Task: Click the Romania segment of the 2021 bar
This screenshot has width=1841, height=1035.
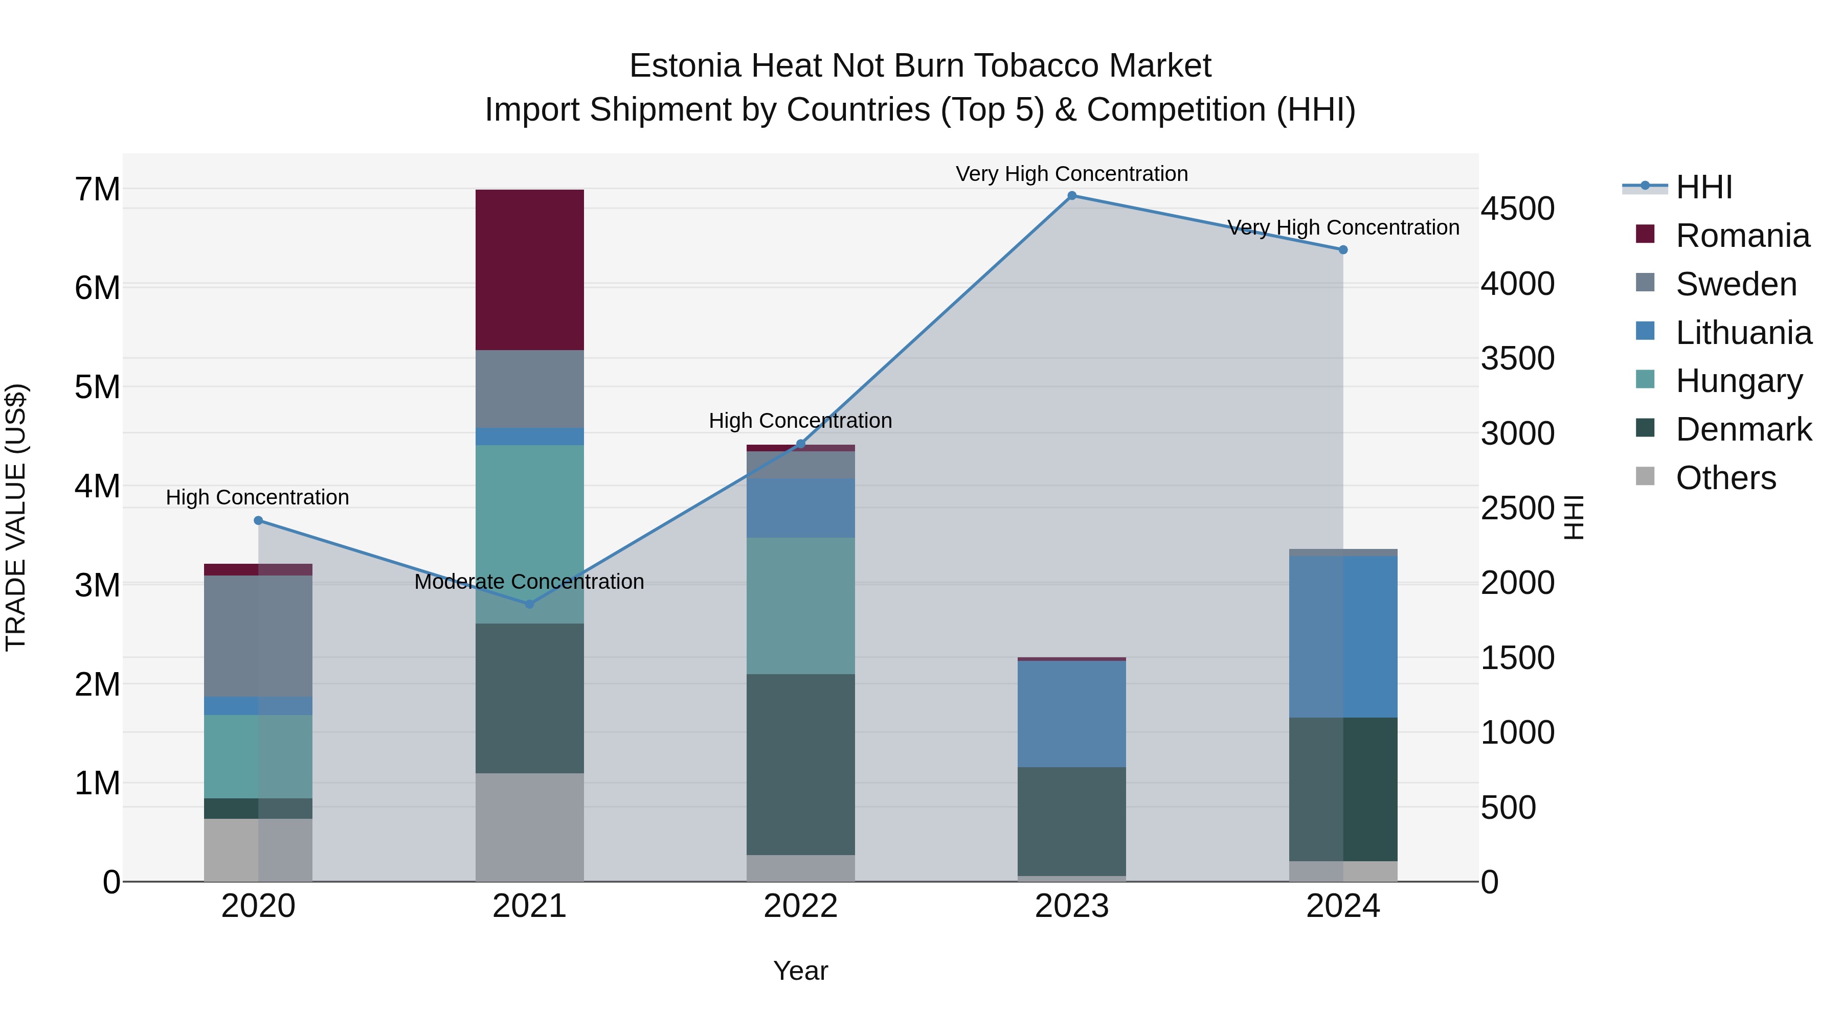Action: [x=530, y=269]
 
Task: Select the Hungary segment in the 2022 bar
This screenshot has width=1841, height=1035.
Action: [x=800, y=605]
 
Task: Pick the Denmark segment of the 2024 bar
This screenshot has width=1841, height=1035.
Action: [x=1343, y=789]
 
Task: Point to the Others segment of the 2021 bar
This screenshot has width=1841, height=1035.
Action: [x=530, y=826]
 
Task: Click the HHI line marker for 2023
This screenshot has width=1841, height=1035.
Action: [x=1071, y=196]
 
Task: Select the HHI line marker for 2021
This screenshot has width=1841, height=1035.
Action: [x=530, y=604]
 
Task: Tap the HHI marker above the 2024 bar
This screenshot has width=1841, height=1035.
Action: [x=1343, y=250]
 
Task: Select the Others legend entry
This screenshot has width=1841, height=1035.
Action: [x=1725, y=478]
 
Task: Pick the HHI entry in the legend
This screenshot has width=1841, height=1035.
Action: [x=1704, y=187]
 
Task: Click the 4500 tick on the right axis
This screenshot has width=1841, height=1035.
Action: [x=1517, y=209]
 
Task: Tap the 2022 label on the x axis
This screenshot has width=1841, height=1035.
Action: [x=800, y=906]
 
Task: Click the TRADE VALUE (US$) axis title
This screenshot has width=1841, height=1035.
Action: [x=16, y=517]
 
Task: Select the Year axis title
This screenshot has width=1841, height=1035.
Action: [x=800, y=971]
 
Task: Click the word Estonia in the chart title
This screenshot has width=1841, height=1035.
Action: [x=685, y=66]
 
